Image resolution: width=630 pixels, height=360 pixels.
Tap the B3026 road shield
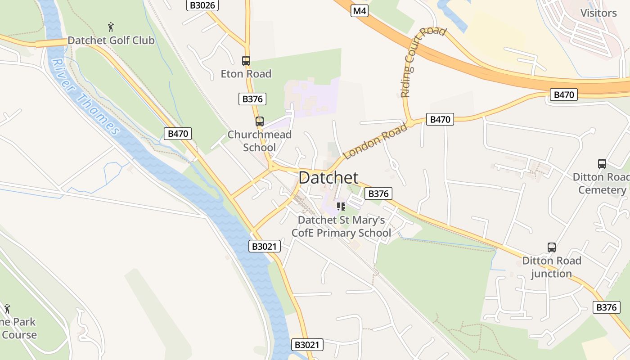pos(202,5)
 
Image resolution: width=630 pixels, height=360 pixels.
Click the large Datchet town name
pos(328,177)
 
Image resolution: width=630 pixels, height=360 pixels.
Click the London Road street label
pos(375,140)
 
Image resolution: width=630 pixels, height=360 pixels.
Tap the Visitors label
pos(598,13)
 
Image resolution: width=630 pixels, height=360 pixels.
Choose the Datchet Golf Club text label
pos(111,40)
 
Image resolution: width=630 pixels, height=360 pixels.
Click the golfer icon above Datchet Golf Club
pos(111,27)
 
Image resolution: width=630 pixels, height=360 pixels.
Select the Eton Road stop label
pos(246,74)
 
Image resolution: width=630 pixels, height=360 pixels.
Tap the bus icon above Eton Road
pos(246,60)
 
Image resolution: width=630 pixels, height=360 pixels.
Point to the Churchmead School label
pos(259,141)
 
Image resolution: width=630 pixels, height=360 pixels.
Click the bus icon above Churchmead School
pos(259,121)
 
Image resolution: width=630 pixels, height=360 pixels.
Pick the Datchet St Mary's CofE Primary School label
pos(341,226)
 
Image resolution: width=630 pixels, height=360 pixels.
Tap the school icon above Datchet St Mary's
pos(341,207)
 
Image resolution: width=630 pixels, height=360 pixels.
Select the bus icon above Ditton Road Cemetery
pos(602,164)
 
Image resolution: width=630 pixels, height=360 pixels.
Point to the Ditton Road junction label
pos(551,267)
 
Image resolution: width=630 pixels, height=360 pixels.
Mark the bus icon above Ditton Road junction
pos(551,247)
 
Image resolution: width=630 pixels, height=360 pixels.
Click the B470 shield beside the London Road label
pos(440,119)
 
